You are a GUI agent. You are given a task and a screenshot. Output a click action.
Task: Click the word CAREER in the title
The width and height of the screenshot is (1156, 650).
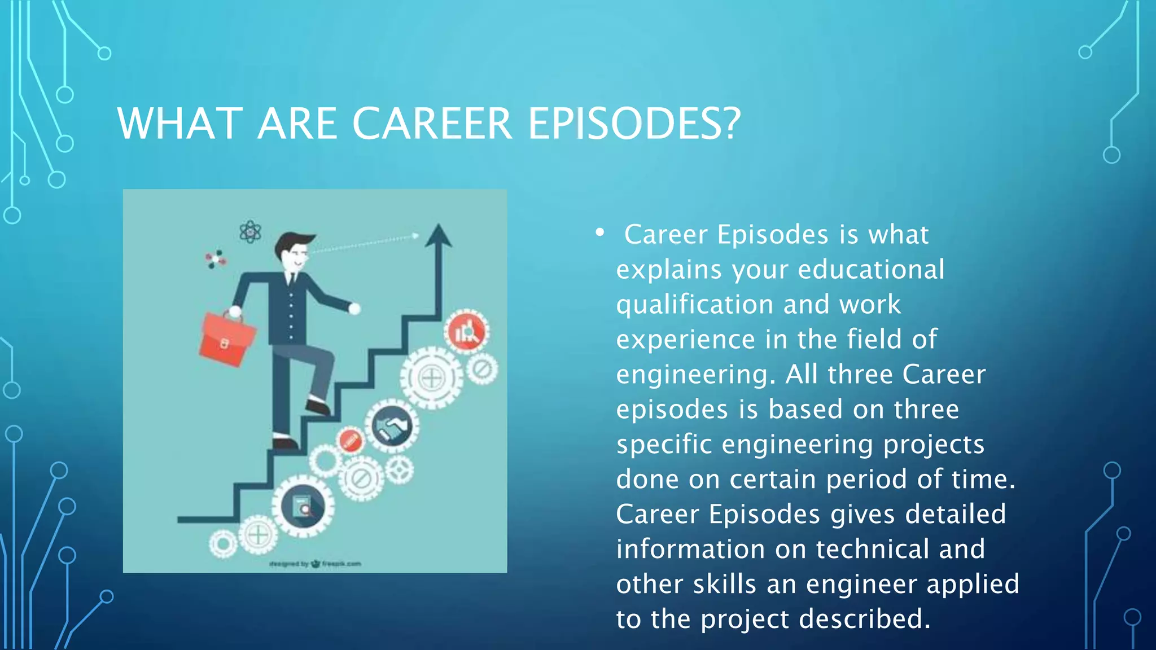432,124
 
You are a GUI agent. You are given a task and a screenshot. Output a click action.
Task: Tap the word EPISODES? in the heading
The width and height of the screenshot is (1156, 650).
634,124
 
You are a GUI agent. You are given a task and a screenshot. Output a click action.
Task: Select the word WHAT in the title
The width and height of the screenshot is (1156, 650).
180,124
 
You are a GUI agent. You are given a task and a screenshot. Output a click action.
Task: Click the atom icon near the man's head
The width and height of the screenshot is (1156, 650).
250,231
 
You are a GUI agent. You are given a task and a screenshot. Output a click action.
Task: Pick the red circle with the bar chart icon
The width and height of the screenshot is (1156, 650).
466,332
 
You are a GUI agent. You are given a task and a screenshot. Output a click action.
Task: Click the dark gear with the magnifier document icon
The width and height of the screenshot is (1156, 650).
304,506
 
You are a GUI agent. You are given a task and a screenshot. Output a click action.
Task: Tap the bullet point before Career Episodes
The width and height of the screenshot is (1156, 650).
599,232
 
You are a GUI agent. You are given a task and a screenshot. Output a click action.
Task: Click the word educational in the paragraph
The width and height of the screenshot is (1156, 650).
871,270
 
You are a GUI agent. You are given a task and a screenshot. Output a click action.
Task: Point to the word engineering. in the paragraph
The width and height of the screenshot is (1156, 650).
696,375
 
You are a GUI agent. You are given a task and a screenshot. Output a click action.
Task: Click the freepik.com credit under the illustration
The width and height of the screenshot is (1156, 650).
341,564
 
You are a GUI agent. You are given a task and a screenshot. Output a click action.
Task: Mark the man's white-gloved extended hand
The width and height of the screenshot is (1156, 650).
354,308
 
